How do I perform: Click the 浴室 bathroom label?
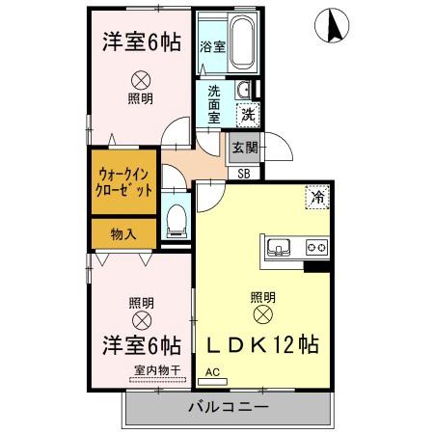click(x=212, y=45)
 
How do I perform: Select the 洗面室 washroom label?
click(x=213, y=104)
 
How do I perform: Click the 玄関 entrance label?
click(x=244, y=148)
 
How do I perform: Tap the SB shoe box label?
click(x=245, y=174)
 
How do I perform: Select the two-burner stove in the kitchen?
click(x=314, y=247)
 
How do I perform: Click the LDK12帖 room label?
click(x=260, y=344)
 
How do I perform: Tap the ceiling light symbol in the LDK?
click(x=261, y=314)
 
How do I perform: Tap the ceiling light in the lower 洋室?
click(x=141, y=320)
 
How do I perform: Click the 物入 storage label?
click(x=122, y=233)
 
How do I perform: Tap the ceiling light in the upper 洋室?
click(x=141, y=79)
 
